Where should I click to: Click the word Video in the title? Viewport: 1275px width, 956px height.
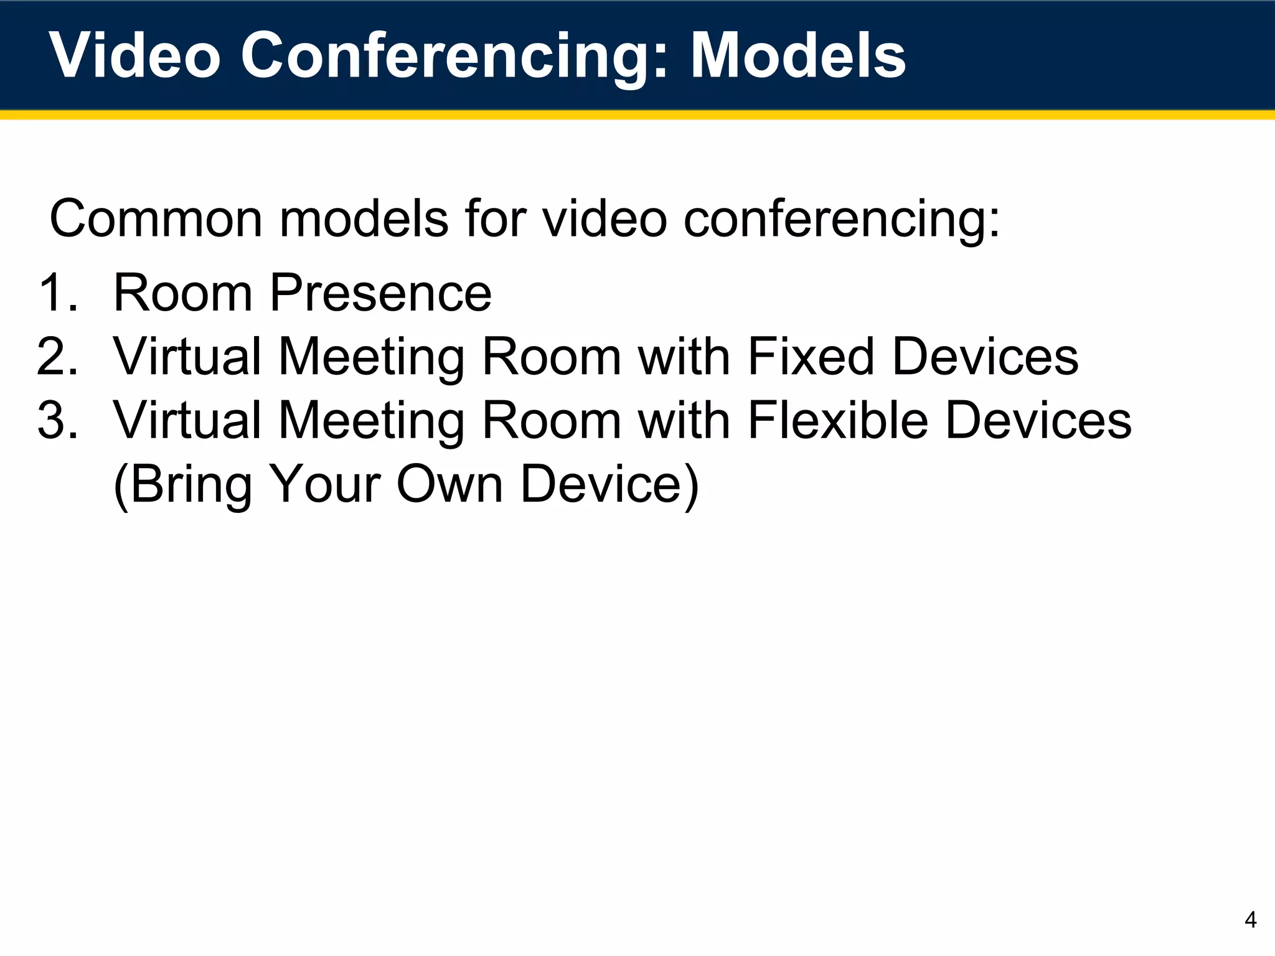[134, 56]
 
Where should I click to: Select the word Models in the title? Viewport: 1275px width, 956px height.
[797, 56]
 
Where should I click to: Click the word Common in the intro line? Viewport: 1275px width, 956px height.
[156, 219]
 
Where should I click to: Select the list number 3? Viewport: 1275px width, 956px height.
[57, 420]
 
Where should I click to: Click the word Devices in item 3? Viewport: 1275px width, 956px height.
[1038, 420]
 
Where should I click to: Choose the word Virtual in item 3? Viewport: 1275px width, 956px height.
[187, 420]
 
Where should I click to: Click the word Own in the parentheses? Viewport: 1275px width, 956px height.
[449, 484]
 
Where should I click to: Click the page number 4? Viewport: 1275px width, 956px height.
[1250, 920]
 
